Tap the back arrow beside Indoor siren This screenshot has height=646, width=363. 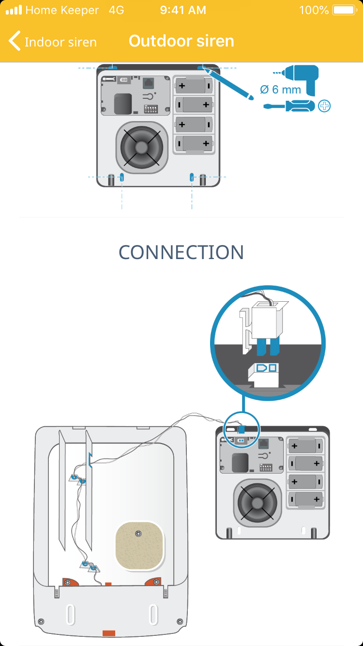pos(15,41)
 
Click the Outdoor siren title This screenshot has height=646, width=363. pos(181,41)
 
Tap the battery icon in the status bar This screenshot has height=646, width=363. pos(344,10)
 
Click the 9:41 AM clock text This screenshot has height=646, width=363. pos(183,10)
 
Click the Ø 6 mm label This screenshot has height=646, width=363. pos(280,90)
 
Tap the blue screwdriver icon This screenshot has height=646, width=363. pos(289,106)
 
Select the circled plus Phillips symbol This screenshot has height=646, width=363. pos(324,106)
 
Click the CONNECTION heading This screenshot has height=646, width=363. pos(181,252)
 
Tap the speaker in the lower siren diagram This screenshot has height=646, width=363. pos(258,502)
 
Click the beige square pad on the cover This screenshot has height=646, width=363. pos(138,545)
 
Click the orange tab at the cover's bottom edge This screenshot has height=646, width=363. pos(108,632)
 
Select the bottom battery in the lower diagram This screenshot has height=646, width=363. pos(305,498)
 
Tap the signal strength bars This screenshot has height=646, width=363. pos(14,10)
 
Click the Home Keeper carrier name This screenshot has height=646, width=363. pos(62,10)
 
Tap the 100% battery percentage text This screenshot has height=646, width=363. pos(314,10)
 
